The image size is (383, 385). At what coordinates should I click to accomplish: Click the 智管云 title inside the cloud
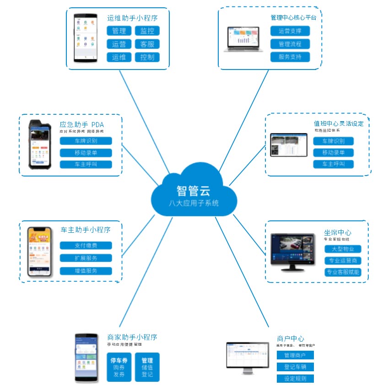click(x=194, y=190)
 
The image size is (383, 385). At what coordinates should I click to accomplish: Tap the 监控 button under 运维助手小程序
click(x=147, y=31)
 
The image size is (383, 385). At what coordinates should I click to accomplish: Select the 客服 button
click(x=147, y=44)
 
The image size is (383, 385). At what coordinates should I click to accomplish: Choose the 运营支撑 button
click(x=290, y=31)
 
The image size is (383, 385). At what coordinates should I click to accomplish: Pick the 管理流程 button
click(x=290, y=44)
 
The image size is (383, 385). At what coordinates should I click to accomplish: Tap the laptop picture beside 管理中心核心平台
click(x=244, y=39)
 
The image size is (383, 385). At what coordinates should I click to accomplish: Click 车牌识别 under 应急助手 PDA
click(x=86, y=141)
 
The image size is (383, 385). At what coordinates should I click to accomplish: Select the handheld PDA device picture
click(x=40, y=144)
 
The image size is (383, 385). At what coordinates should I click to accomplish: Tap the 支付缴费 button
click(x=86, y=246)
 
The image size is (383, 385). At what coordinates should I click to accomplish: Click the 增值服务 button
click(x=86, y=271)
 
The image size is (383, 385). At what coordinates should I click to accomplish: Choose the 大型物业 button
click(x=343, y=249)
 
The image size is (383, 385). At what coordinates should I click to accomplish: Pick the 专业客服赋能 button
click(x=343, y=273)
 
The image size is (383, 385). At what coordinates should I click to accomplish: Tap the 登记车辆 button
click(x=295, y=367)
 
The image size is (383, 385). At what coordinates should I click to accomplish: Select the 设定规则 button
click(x=295, y=378)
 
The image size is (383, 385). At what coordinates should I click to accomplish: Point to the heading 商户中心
click(x=291, y=339)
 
